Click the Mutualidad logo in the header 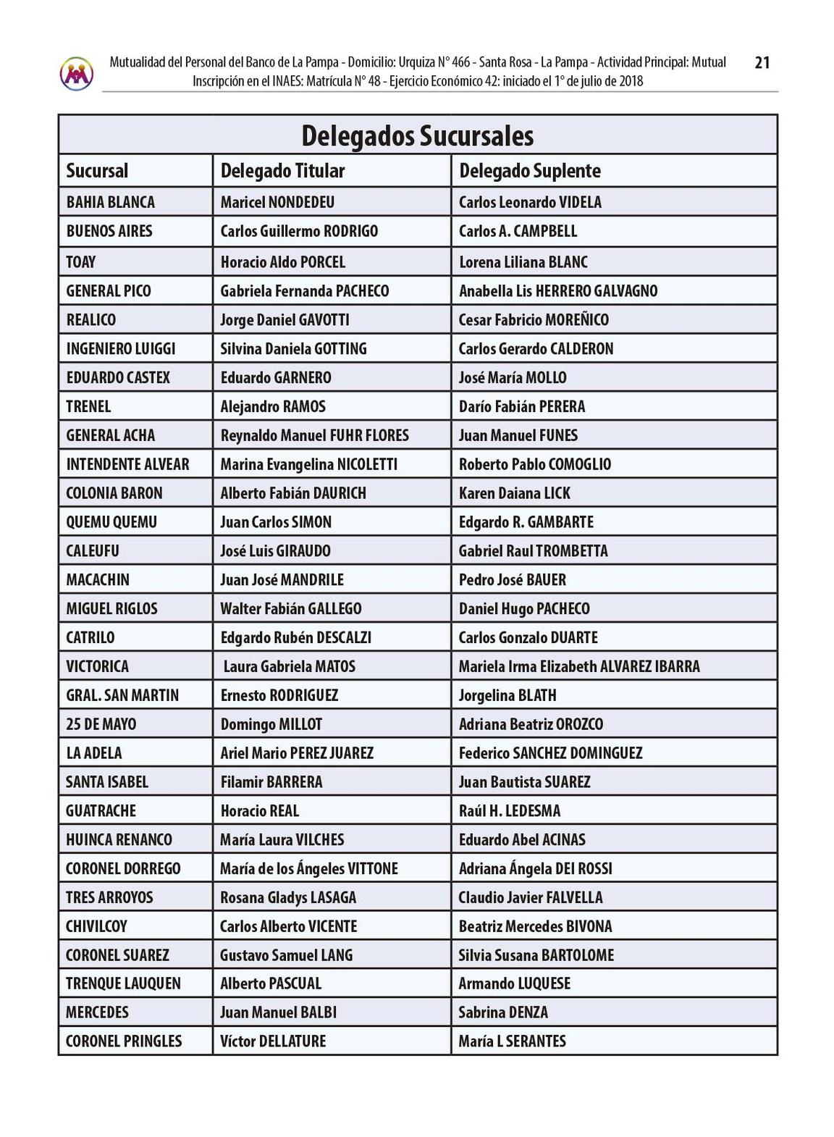pyautogui.click(x=77, y=73)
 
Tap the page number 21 pyautogui.click(x=762, y=63)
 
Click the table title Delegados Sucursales pyautogui.click(x=417, y=135)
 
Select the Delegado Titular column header pyautogui.click(x=282, y=171)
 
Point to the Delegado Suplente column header pyautogui.click(x=530, y=171)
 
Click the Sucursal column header pyautogui.click(x=97, y=171)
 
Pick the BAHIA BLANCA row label pyautogui.click(x=111, y=202)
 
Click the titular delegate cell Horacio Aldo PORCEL pyautogui.click(x=283, y=261)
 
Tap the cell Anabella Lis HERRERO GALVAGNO pyautogui.click(x=558, y=290)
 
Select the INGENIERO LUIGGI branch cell pyautogui.click(x=121, y=348)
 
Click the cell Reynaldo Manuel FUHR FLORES pyautogui.click(x=315, y=435)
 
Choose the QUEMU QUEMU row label pyautogui.click(x=111, y=521)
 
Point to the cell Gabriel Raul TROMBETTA pyautogui.click(x=534, y=550)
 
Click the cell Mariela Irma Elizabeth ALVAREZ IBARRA pyautogui.click(x=579, y=666)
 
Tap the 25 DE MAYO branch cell pyautogui.click(x=101, y=724)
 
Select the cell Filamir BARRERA pyautogui.click(x=271, y=781)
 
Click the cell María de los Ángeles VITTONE pyautogui.click(x=309, y=868)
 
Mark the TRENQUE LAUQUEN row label pyautogui.click(x=123, y=983)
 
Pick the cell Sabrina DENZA pyautogui.click(x=503, y=1012)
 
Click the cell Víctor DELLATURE pyautogui.click(x=273, y=1041)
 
